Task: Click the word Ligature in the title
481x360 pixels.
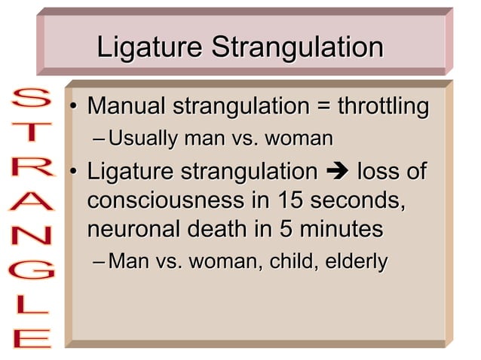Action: [x=150, y=47]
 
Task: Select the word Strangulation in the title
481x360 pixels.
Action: [x=297, y=47]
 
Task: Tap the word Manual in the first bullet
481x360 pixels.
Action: [x=128, y=106]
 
